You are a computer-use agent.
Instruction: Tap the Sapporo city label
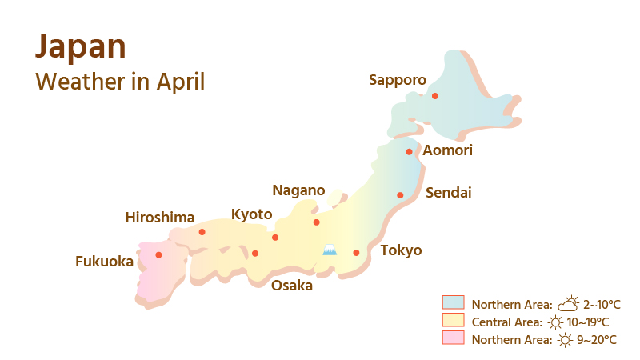tap(397, 79)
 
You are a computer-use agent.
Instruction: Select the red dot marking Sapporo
tap(435, 96)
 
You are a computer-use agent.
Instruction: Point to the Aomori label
tap(448, 150)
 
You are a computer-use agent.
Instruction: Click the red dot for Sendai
tap(400, 195)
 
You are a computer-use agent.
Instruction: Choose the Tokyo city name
tap(401, 250)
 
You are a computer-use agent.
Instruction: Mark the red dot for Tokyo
tap(356, 253)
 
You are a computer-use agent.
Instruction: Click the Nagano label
tap(298, 190)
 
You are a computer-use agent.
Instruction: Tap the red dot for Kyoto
tap(275, 238)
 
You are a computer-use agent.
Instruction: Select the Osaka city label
tap(292, 286)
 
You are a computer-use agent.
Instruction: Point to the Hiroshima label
tap(160, 218)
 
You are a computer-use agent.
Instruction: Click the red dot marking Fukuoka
tap(158, 255)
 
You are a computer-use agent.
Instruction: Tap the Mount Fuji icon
tap(330, 250)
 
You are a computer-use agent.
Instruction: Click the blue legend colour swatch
tap(454, 302)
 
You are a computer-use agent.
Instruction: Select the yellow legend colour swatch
tap(454, 320)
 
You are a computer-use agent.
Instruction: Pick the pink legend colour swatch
tap(454, 338)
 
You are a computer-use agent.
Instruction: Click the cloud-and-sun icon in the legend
tap(568, 303)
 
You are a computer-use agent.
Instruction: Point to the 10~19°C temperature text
tap(589, 322)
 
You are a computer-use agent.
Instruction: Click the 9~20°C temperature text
tap(597, 340)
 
